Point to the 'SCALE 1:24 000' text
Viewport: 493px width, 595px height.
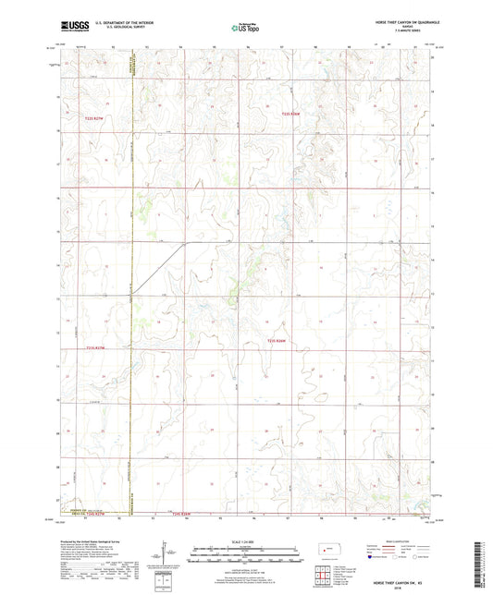coord(245,540)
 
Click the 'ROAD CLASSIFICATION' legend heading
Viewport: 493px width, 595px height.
coord(401,540)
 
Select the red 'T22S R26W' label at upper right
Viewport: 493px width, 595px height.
coord(291,114)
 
